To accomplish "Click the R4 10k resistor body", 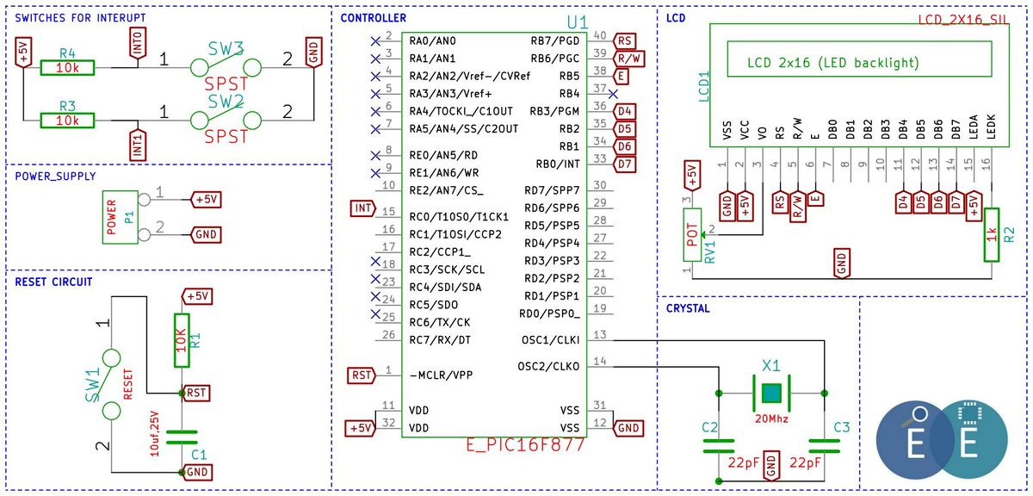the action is (x=67, y=68).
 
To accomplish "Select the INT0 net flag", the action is (x=138, y=43).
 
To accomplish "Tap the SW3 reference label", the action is (x=226, y=48).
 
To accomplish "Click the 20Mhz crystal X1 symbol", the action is (x=771, y=394).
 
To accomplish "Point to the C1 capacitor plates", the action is (x=182, y=437).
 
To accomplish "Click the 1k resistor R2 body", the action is (x=992, y=235).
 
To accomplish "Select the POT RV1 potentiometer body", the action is (x=692, y=235).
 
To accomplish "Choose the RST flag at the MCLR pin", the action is (x=362, y=375).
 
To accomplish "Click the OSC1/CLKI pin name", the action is (x=550, y=340).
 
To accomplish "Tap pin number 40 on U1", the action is (x=599, y=35).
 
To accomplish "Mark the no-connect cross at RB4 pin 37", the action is (x=613, y=94).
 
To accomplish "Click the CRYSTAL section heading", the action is (x=688, y=308).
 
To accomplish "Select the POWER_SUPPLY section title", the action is (x=55, y=177).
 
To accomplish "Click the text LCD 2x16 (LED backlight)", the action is (x=833, y=63).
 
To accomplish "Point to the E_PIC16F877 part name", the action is (x=525, y=445).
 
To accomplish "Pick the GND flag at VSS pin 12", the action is (x=628, y=428).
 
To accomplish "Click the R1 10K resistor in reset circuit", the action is (x=182, y=340).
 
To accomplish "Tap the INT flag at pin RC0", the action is (x=363, y=208).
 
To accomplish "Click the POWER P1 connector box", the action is (x=120, y=217).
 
